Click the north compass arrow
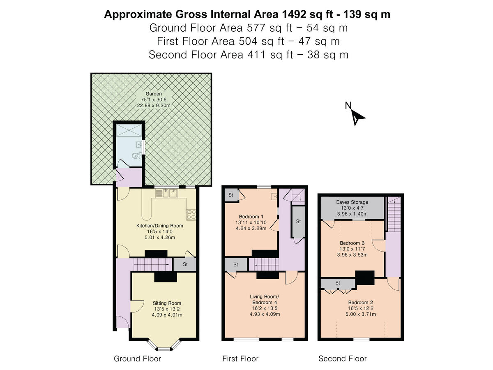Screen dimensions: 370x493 (x=357, y=118)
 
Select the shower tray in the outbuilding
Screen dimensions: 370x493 (x=128, y=130)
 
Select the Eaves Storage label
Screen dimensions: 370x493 (x=352, y=202)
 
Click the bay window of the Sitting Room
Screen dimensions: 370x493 (x=164, y=347)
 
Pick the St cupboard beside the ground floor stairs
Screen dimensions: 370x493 (x=184, y=264)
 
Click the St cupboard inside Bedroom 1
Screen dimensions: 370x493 (x=230, y=195)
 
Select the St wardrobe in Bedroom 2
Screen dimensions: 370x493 (x=338, y=283)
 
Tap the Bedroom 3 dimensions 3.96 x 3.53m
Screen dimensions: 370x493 (x=352, y=254)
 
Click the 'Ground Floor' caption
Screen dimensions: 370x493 (x=137, y=359)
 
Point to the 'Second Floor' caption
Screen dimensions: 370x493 (x=342, y=359)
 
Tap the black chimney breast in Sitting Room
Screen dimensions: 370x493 (x=166, y=277)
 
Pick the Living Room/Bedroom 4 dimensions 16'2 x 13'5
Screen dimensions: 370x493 (x=264, y=308)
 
